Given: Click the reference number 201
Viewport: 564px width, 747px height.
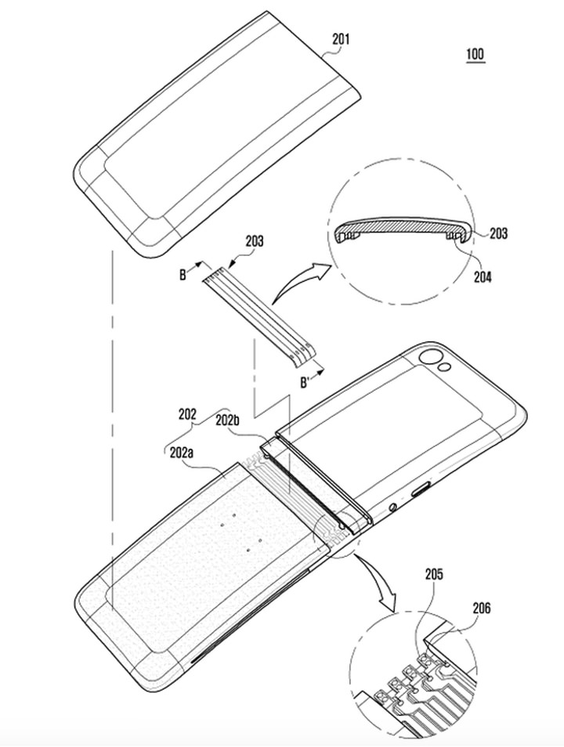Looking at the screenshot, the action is (x=341, y=39).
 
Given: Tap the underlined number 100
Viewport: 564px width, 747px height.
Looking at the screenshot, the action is (x=475, y=54).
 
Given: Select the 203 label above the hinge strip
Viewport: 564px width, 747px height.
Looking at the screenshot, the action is (x=254, y=241).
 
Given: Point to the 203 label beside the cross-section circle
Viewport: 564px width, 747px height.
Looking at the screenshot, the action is (x=497, y=233).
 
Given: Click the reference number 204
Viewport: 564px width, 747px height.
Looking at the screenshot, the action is (x=483, y=276).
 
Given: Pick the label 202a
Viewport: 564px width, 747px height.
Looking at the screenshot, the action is (x=182, y=453).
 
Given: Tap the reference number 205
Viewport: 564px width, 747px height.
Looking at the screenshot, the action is (x=434, y=574).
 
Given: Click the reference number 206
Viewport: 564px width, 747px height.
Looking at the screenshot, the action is (x=482, y=608).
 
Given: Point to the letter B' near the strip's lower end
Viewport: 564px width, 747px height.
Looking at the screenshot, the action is (x=306, y=382).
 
